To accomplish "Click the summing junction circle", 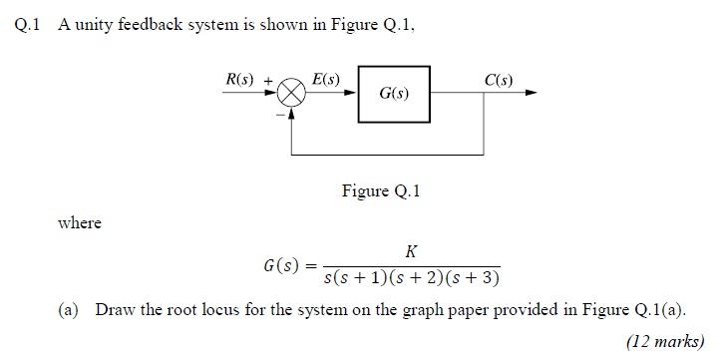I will (x=291, y=94).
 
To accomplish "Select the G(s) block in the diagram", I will (x=394, y=94).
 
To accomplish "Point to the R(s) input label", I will (x=240, y=79).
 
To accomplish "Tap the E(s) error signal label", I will (x=325, y=79).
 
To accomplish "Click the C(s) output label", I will (x=499, y=79).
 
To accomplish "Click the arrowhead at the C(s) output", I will (x=531, y=94).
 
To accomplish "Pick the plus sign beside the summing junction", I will (x=268, y=80).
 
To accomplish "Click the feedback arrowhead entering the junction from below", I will (x=291, y=113).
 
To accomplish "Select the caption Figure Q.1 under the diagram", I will (x=381, y=190).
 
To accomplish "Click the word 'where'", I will (x=80, y=223).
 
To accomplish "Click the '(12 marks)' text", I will (x=665, y=341).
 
